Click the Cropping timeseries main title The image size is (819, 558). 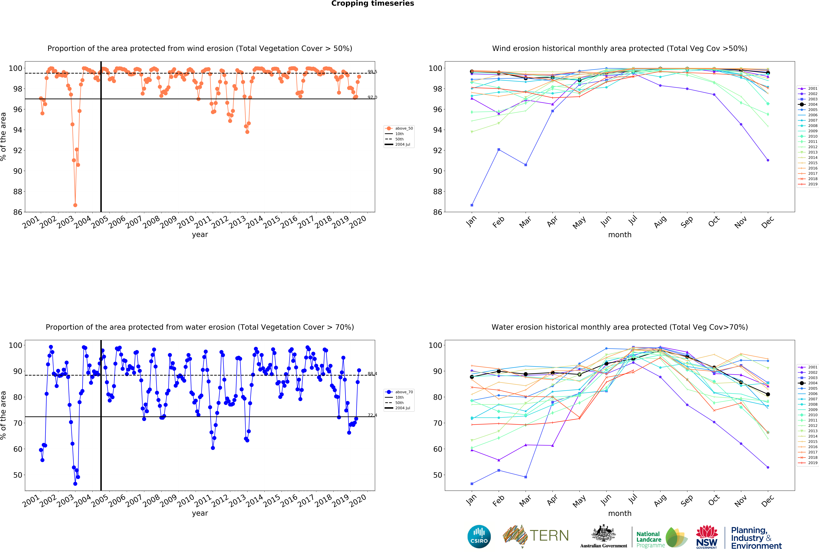point(372,3)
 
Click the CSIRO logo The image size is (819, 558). point(479,537)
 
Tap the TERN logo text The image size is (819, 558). point(549,536)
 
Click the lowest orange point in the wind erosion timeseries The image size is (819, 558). point(75,205)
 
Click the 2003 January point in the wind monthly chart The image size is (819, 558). point(472,205)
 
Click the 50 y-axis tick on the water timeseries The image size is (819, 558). point(18,475)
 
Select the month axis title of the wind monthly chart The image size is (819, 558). point(620,235)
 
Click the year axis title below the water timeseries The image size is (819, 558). point(200,513)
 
